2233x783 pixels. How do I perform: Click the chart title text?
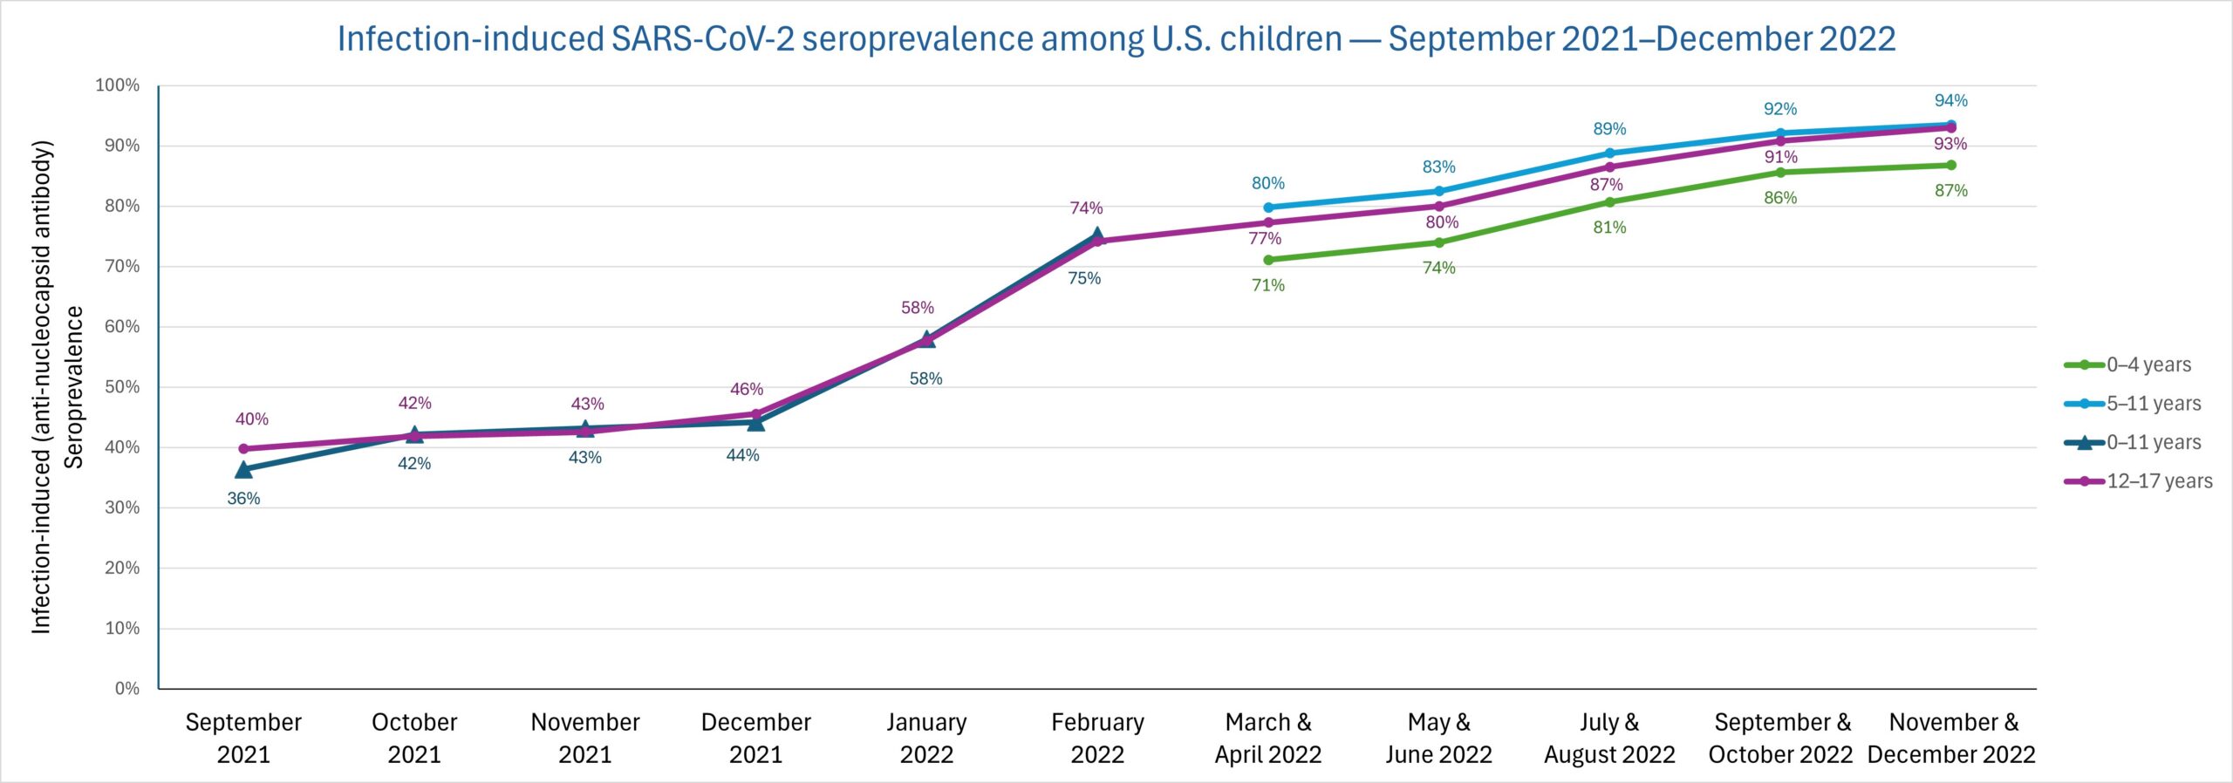coord(1116,39)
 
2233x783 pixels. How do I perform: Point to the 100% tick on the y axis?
coord(118,85)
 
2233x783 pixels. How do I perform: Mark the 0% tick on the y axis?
coord(126,688)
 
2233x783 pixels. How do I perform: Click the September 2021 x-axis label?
coord(243,738)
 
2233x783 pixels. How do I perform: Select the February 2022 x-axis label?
coord(1097,738)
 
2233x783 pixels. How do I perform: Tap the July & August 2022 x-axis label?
coord(1609,738)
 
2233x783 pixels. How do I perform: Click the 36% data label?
coord(243,499)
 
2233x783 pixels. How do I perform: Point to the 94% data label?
coord(1950,100)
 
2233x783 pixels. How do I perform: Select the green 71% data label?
coord(1268,285)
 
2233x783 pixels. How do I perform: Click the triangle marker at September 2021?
coord(243,470)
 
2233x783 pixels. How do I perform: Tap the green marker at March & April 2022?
coord(1268,260)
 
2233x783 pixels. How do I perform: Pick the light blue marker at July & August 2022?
coord(1609,153)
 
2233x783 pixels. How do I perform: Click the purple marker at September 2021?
coord(243,449)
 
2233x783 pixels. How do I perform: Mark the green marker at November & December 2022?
coord(1951,165)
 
